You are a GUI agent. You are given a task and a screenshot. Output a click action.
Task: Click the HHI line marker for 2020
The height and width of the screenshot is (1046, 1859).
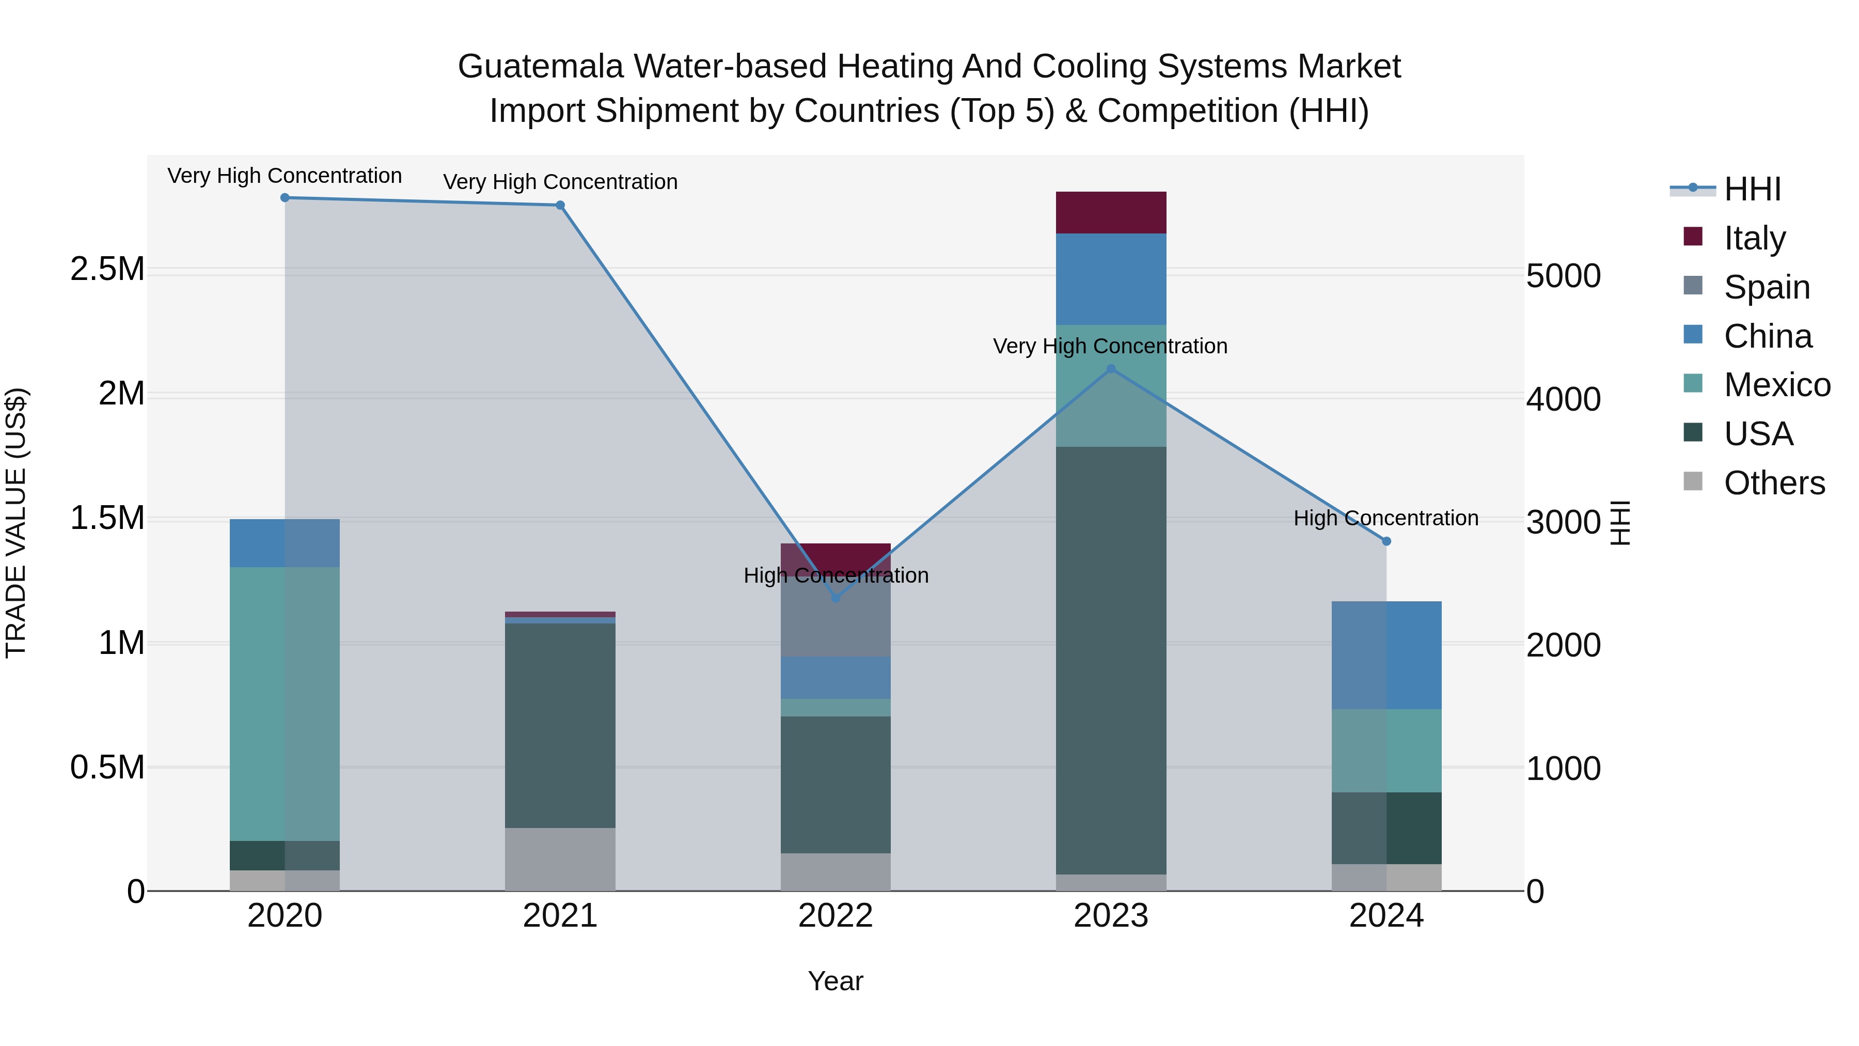[x=285, y=198]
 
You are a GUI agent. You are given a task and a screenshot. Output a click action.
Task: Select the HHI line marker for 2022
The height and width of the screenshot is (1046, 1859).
[x=836, y=598]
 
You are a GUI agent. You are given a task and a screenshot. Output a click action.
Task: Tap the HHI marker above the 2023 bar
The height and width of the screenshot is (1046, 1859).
[x=1111, y=369]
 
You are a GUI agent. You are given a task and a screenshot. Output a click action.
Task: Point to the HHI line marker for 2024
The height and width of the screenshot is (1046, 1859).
[x=1387, y=541]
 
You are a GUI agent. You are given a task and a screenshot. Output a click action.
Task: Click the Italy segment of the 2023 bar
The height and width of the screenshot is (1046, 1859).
[x=1111, y=213]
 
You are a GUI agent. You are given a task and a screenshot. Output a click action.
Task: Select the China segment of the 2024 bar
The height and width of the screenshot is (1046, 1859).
[x=1387, y=655]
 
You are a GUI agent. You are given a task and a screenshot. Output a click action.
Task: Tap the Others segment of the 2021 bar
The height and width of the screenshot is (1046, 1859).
[x=560, y=859]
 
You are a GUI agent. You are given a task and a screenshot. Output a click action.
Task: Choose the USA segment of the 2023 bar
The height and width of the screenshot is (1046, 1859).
[x=1111, y=661]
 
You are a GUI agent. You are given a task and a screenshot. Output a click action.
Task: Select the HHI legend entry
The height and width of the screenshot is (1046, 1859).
[x=1752, y=189]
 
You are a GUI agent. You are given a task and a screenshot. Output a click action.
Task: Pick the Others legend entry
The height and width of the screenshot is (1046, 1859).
[x=1774, y=483]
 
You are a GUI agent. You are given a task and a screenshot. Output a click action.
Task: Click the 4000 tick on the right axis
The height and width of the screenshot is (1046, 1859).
[x=1563, y=399]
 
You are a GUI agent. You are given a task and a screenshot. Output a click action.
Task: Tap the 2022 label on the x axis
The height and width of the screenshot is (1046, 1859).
[x=836, y=916]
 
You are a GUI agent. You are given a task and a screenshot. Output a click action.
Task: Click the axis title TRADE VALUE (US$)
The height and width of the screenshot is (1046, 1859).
[x=16, y=523]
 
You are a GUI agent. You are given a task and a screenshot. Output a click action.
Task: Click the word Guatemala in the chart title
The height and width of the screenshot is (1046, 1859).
[x=541, y=67]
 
